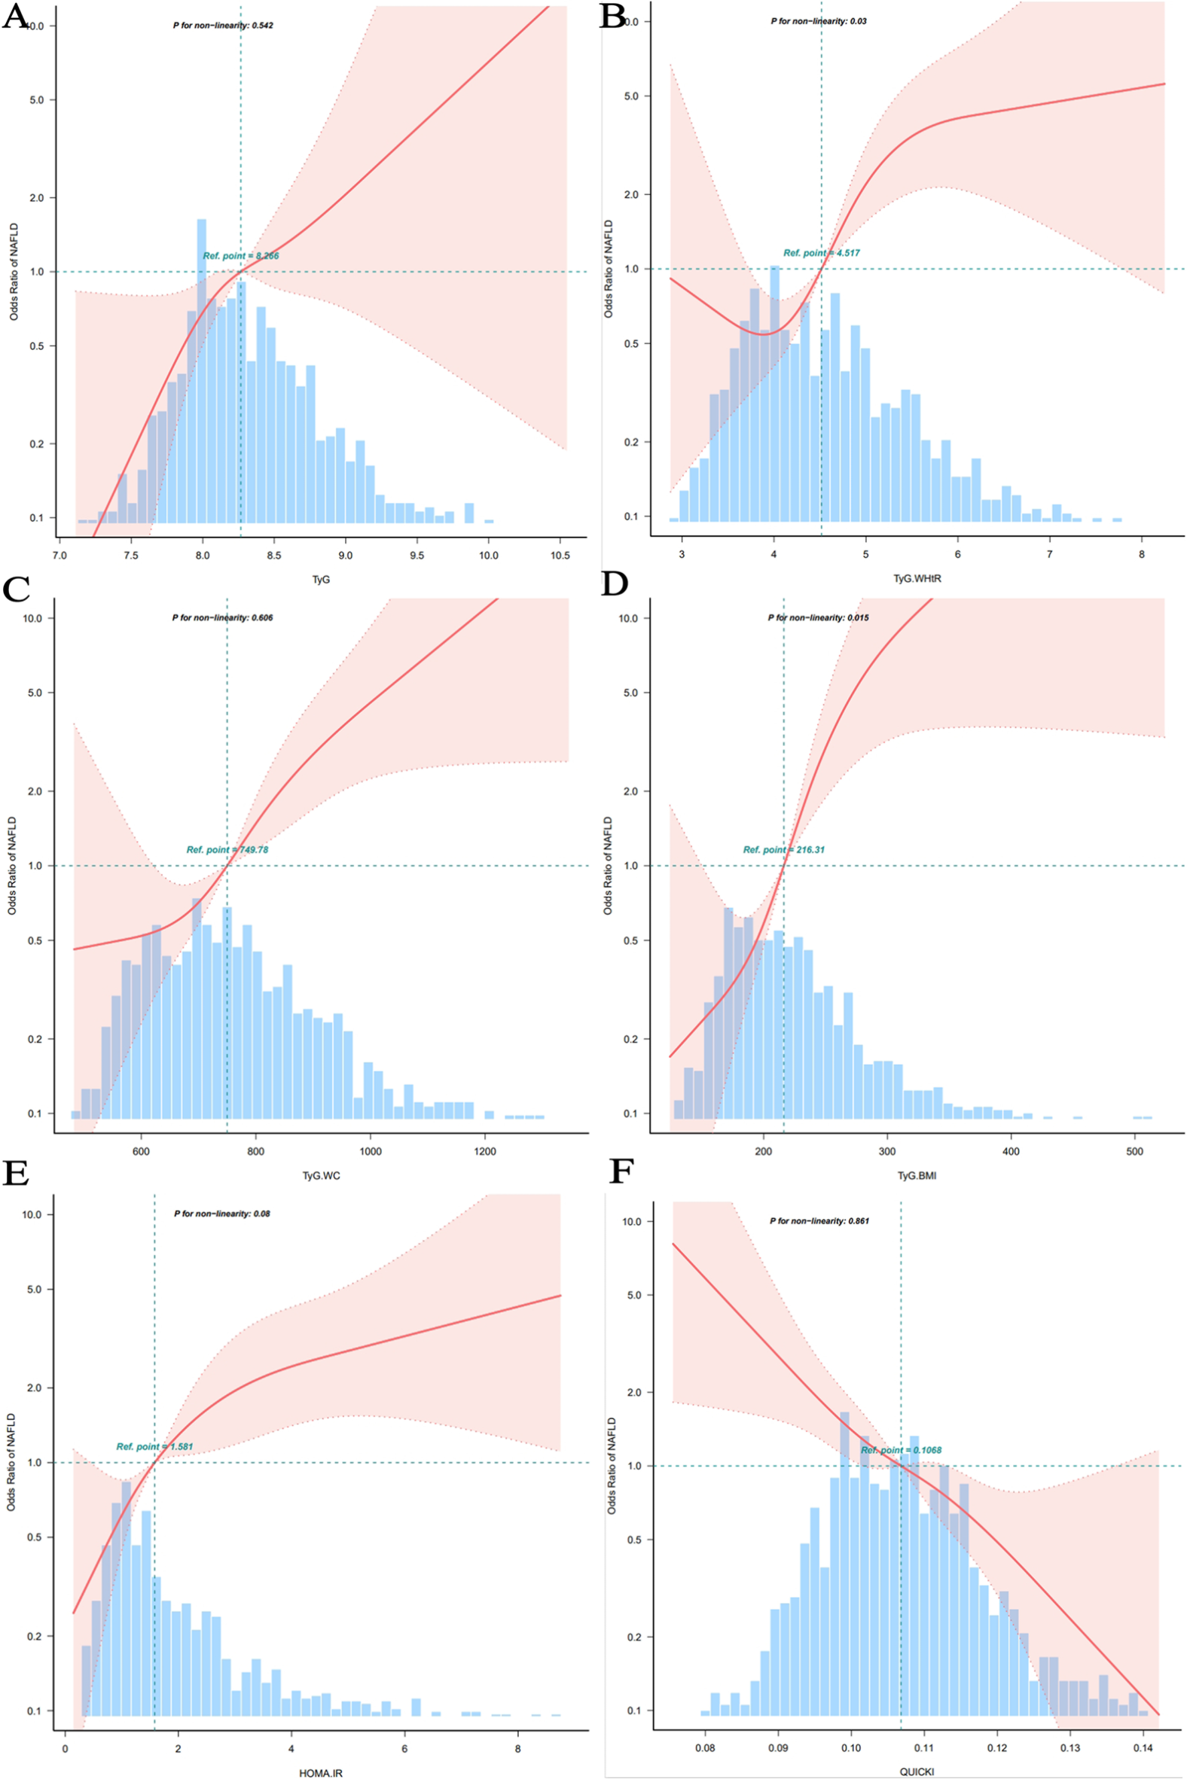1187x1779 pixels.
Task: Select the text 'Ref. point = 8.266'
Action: coord(241,256)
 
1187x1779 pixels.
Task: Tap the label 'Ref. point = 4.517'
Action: coord(822,253)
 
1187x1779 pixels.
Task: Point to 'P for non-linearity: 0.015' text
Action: coord(819,617)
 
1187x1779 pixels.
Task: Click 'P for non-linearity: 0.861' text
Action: coord(819,1220)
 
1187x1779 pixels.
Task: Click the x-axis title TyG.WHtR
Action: coord(917,579)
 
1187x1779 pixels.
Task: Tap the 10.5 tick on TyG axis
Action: coord(560,556)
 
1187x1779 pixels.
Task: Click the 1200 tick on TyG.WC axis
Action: coord(484,1151)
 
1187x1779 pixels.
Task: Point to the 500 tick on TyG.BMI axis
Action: coord(1134,1151)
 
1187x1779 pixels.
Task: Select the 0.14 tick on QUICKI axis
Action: coord(1143,1747)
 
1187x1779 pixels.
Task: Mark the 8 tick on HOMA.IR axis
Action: coord(517,1748)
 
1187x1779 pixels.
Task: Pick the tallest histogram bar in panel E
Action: coord(127,1589)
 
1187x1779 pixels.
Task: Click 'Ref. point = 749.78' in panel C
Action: coord(227,850)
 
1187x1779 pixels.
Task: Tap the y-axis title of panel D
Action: coord(608,866)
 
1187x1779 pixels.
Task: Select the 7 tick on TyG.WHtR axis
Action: coord(1049,554)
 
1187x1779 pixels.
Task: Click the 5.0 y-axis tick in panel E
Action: coord(35,1289)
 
